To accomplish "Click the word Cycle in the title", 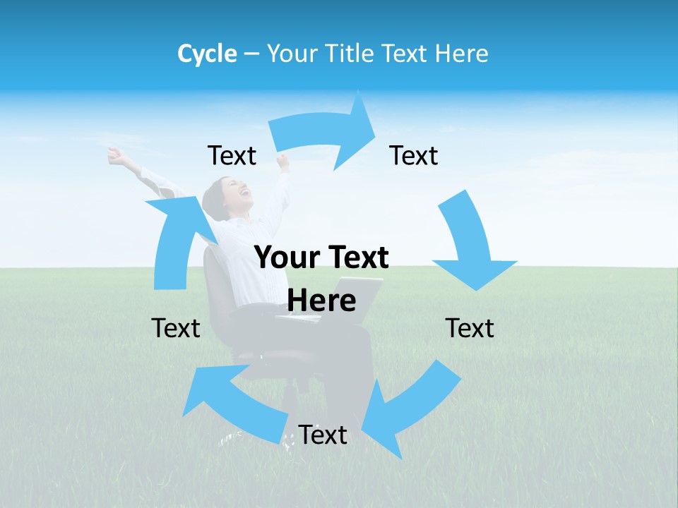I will (207, 54).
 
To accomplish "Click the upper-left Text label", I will (232, 156).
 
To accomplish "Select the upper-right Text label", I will (414, 156).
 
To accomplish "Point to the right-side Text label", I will (470, 328).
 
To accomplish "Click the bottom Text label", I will (323, 435).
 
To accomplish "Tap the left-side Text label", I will (176, 328).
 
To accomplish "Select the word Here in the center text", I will (321, 301).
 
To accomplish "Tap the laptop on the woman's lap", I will (353, 296).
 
